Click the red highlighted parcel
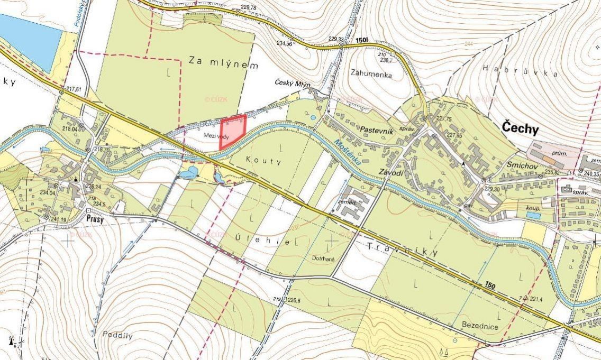pos(232,130)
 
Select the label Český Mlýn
pos(293,83)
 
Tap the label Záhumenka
pos(371,75)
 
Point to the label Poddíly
pos(117,335)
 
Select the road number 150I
pos(362,40)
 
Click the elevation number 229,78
pos(248,7)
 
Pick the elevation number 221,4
pos(535,299)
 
